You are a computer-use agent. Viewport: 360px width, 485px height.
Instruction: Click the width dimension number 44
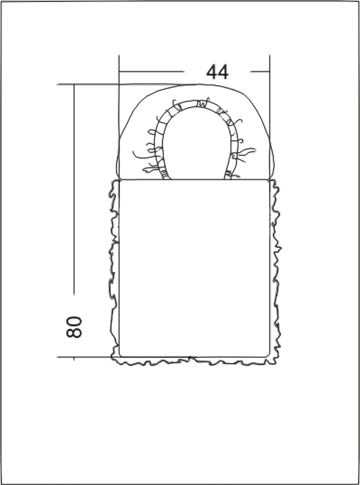tap(218, 72)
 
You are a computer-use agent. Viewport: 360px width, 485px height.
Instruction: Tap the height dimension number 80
tap(74, 327)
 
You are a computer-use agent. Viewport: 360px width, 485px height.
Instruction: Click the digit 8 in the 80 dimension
tap(74, 333)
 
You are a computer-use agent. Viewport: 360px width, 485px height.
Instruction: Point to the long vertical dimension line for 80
tap(74, 189)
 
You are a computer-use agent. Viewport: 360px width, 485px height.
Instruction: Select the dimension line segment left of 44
tap(151, 72)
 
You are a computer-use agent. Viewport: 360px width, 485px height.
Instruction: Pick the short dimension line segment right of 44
tap(260, 72)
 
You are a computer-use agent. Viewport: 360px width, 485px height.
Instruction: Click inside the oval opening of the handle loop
tap(196, 146)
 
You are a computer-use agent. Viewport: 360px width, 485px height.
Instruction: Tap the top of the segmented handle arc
tap(197, 103)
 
